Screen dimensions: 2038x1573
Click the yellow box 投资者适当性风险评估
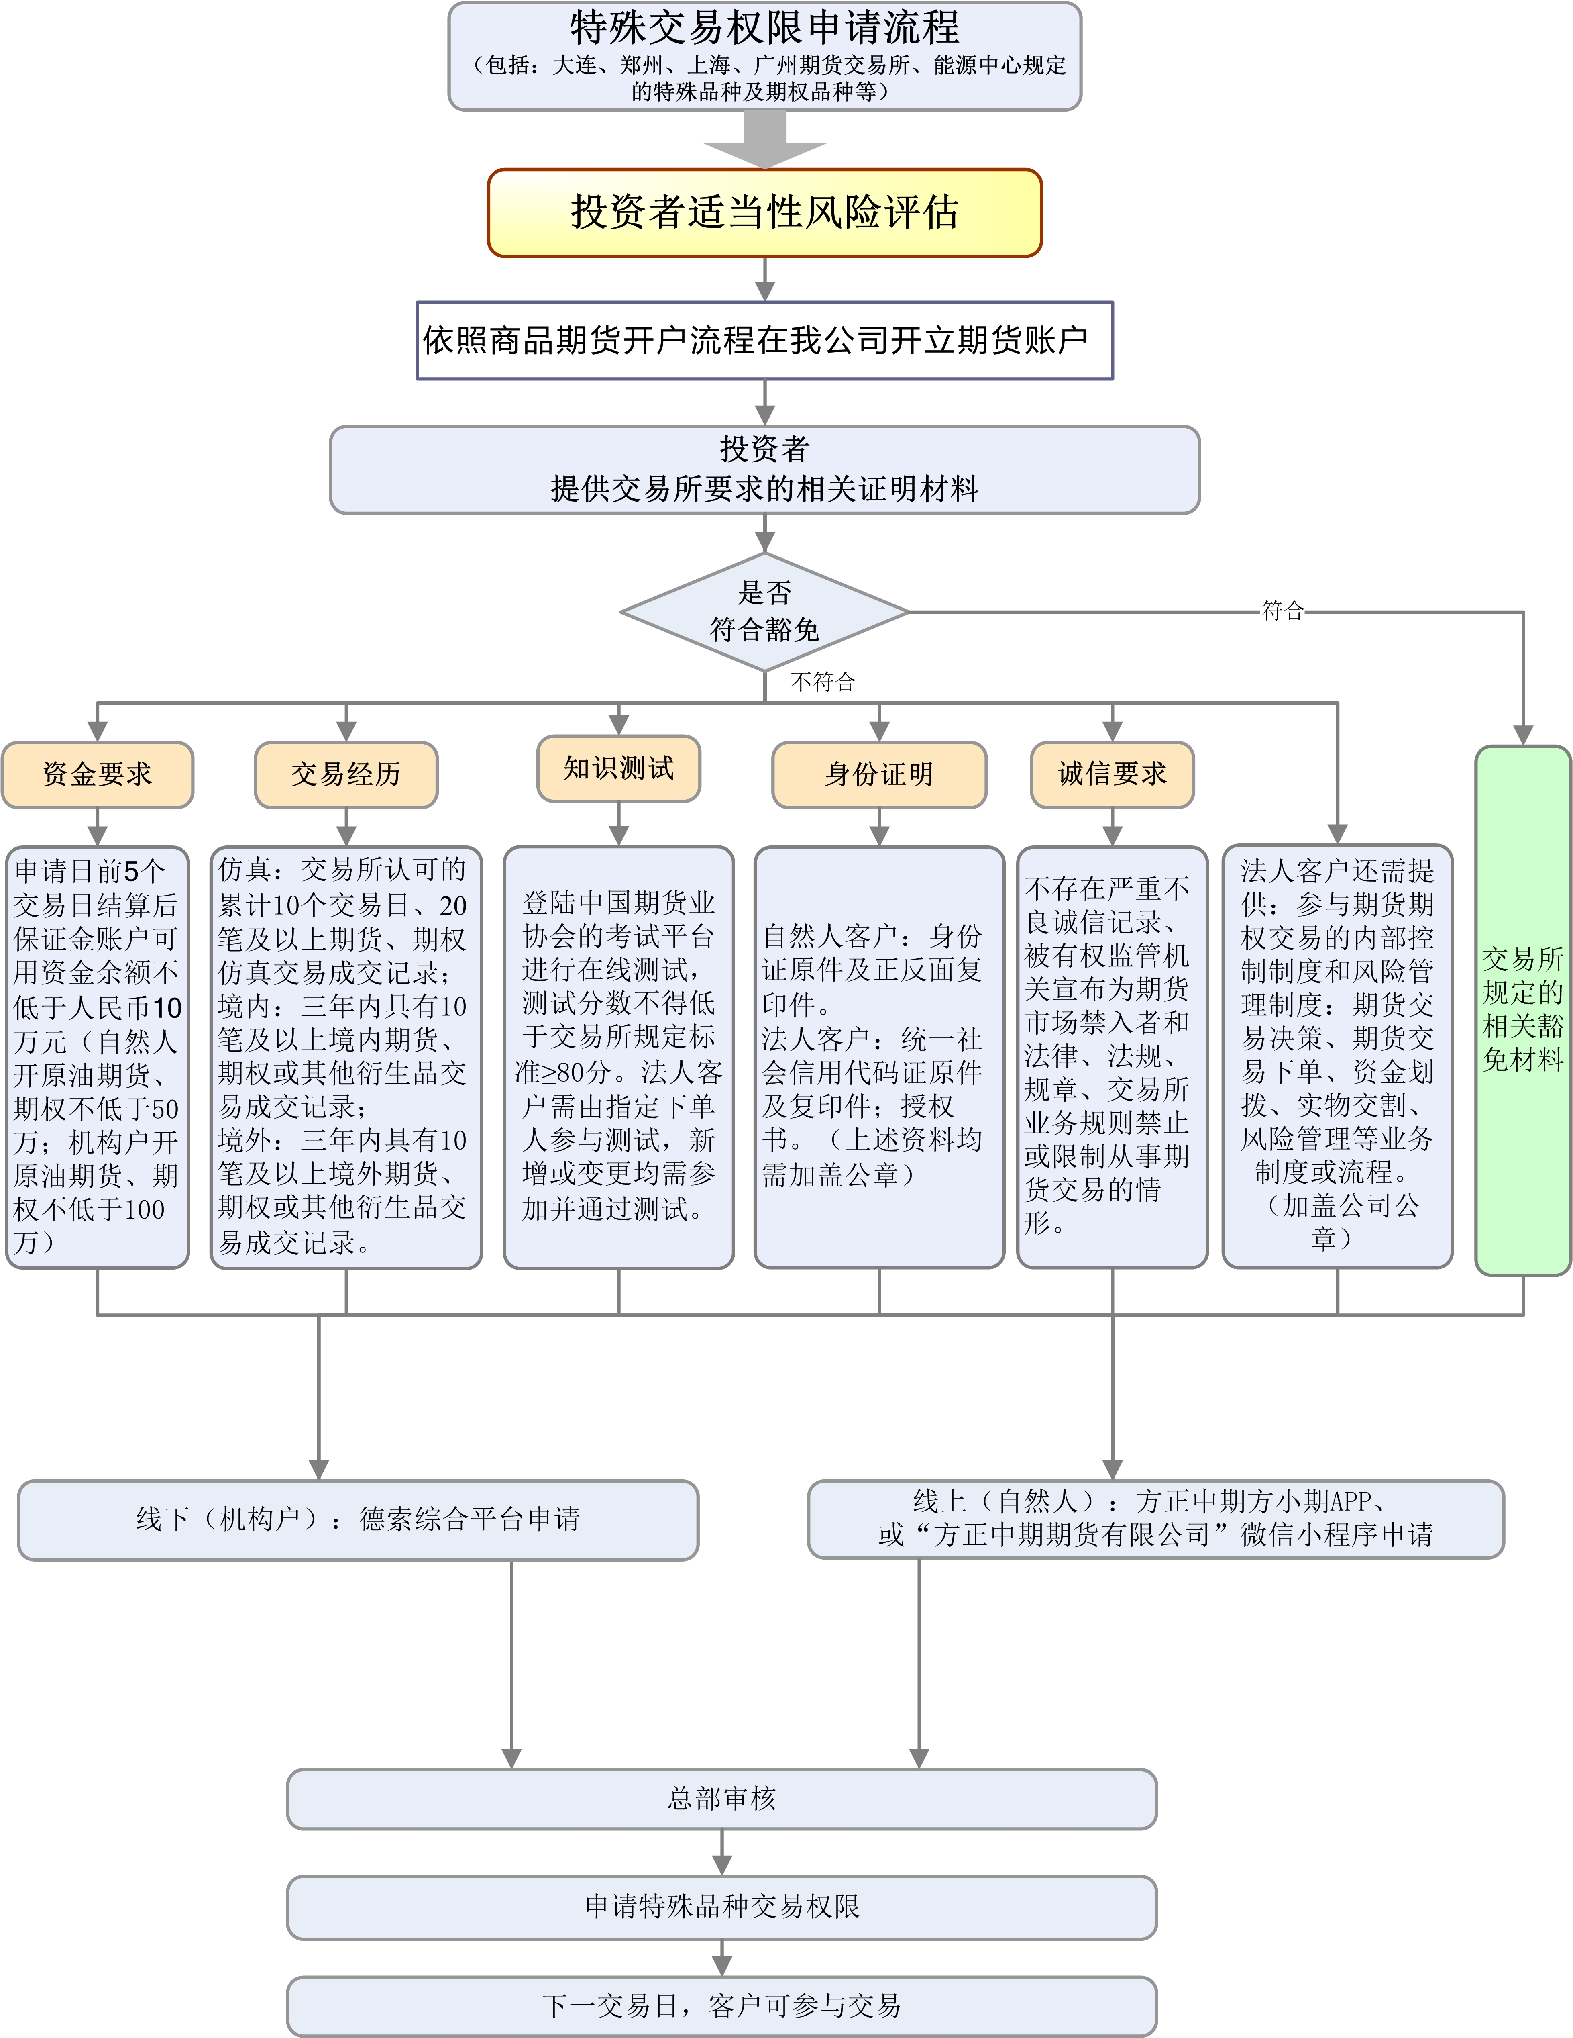[764, 213]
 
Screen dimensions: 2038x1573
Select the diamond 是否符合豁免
[764, 611]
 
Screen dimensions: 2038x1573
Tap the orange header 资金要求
[97, 774]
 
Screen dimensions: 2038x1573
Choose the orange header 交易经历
[346, 774]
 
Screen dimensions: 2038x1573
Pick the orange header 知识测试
[619, 768]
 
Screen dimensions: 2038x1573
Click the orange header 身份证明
[879, 774]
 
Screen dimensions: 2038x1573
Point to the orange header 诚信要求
[1112, 774]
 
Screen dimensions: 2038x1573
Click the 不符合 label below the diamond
[822, 682]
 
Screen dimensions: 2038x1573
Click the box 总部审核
[721, 1798]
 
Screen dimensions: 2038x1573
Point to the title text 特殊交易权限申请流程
[764, 28]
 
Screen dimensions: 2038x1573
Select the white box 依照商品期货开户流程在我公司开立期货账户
[764, 341]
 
